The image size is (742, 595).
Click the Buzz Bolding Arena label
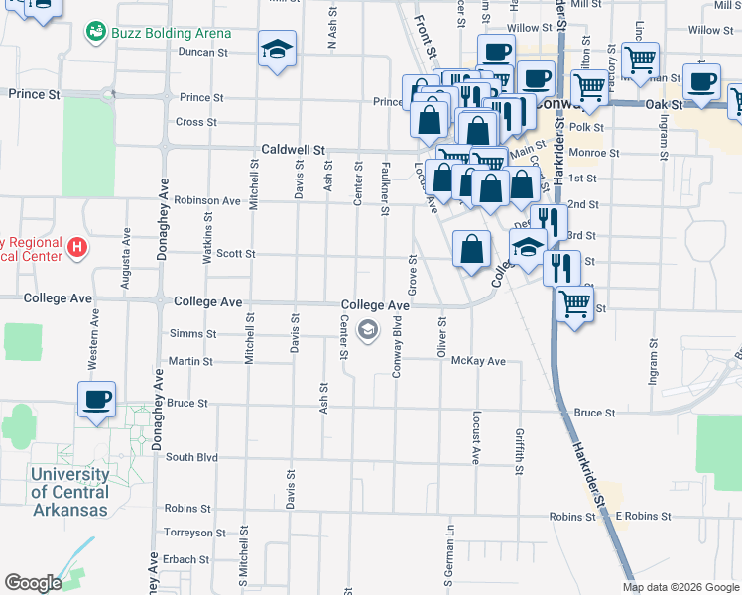click(165, 32)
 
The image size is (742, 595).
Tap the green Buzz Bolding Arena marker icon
click(96, 33)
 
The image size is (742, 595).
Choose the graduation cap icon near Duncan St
click(277, 48)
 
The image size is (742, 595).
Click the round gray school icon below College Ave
click(368, 330)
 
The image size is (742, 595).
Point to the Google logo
click(33, 583)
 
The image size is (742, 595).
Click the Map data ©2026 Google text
click(680, 587)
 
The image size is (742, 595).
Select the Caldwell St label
click(293, 149)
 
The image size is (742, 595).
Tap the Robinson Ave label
click(207, 200)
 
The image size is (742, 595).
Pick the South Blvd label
click(191, 457)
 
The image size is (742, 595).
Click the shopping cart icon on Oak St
click(590, 87)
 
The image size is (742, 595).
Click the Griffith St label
click(519, 452)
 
